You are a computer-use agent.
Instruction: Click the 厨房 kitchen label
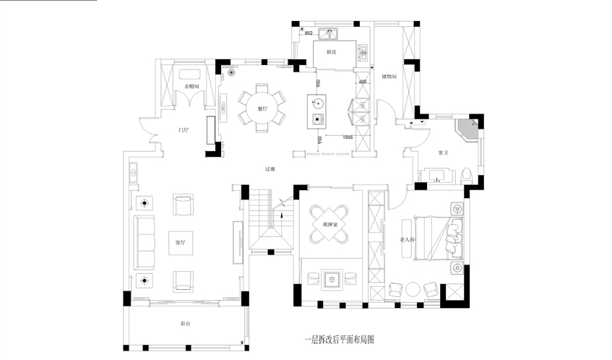point(332,52)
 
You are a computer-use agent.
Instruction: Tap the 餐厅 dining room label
point(262,109)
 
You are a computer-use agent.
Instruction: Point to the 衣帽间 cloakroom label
point(191,87)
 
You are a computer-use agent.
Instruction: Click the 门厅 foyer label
point(184,130)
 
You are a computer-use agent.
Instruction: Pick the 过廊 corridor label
point(270,169)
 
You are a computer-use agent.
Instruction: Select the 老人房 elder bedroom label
point(408,239)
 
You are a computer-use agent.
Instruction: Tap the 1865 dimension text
point(348,137)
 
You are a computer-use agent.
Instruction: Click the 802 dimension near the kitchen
point(308,33)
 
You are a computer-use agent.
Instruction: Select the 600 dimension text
point(363,82)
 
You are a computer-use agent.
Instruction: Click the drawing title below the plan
point(340,338)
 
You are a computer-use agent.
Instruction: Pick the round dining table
point(262,109)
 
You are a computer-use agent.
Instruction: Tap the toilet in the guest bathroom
point(467,174)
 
